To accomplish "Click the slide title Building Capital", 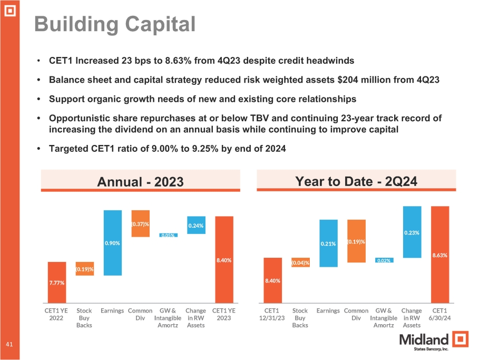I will coord(114,24).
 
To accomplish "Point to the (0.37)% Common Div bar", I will coord(140,223).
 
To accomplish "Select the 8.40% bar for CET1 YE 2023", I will coord(223,259).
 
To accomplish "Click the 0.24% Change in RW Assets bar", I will coord(196,225).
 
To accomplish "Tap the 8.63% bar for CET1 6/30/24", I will coord(440,255).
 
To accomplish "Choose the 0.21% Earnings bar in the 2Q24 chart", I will coord(328,244).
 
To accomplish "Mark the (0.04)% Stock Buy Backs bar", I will coord(300,262).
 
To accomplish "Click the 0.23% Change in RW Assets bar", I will coord(412,232).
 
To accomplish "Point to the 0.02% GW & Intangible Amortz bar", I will coord(384,260).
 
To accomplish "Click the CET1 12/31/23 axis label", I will coord(272,314).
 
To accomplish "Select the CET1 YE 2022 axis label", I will coord(56,314).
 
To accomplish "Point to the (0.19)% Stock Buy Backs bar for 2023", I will coord(84,269).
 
